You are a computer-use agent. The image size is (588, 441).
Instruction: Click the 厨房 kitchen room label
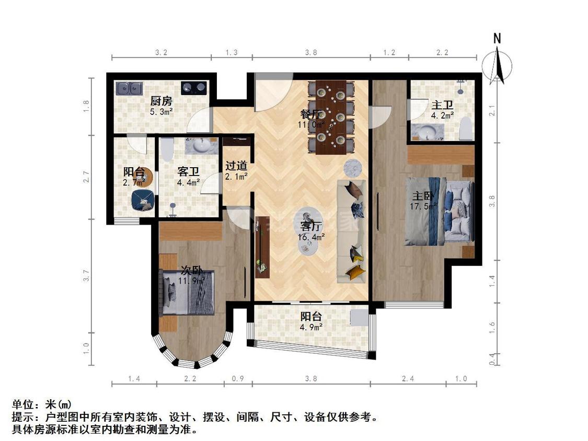coord(161,101)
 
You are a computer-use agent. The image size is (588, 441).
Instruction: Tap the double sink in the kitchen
coord(129,88)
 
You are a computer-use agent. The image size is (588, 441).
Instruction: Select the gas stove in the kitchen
coord(193,88)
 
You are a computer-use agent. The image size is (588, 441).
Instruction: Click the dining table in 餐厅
coord(331,117)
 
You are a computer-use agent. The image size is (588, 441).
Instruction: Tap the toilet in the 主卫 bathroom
coord(466,129)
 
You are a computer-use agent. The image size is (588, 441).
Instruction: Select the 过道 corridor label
coord(236,166)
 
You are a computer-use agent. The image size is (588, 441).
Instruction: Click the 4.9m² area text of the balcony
coord(311,327)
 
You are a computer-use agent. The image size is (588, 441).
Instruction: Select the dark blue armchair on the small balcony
coord(142,200)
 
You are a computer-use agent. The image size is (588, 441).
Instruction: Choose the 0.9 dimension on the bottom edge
coord(238,378)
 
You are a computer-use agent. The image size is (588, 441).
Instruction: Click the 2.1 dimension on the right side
coord(491,111)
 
